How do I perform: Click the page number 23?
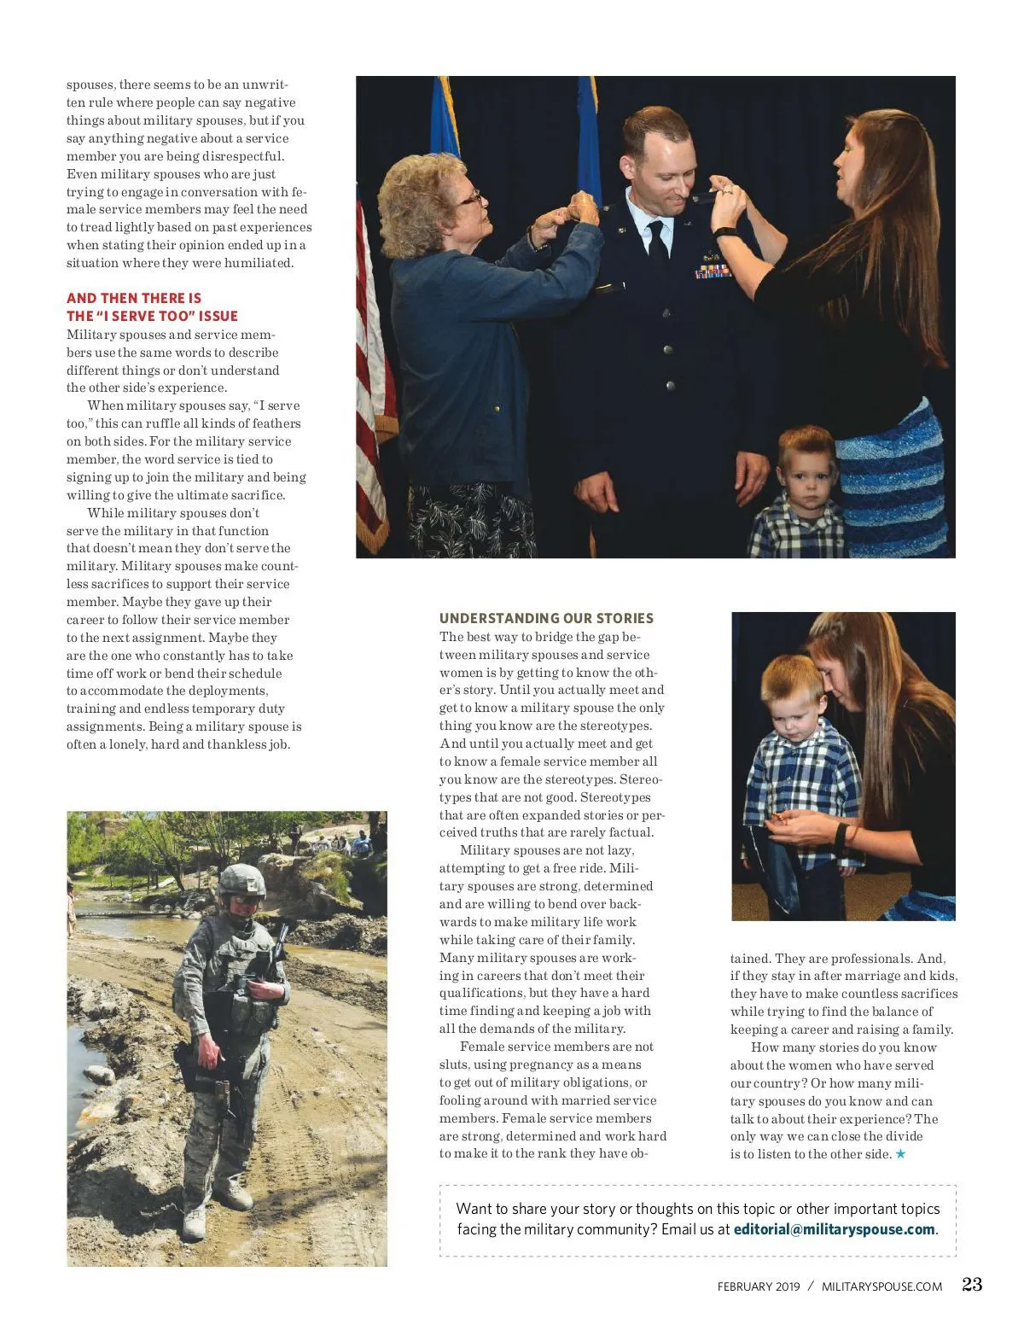tap(972, 1284)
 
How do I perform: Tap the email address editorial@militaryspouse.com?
tap(834, 1229)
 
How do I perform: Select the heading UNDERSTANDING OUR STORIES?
tap(546, 618)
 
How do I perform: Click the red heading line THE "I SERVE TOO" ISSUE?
tap(152, 316)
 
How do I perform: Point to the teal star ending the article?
tap(900, 1154)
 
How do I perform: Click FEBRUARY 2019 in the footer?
tap(758, 1286)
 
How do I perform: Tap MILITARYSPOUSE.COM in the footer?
tap(881, 1286)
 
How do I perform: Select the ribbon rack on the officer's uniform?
tap(713, 272)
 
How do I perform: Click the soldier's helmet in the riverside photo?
tap(242, 881)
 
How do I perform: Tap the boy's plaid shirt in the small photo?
tap(802, 773)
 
